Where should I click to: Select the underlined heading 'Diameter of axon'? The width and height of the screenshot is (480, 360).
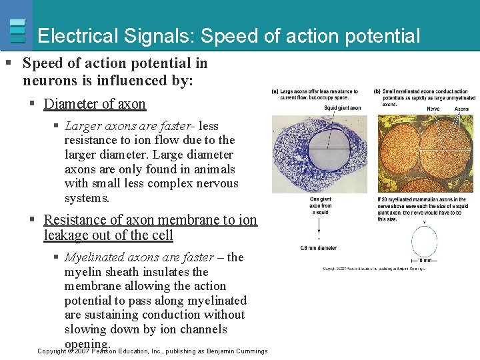click(x=95, y=104)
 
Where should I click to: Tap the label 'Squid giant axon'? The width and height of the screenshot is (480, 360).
click(x=343, y=108)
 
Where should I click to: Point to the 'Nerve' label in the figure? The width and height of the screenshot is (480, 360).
click(x=433, y=108)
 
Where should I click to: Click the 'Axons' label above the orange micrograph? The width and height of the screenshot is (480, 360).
click(x=461, y=108)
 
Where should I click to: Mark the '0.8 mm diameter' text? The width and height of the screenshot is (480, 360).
click(x=319, y=248)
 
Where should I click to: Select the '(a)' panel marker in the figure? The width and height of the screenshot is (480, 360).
click(x=275, y=91)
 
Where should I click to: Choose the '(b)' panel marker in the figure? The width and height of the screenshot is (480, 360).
click(x=377, y=91)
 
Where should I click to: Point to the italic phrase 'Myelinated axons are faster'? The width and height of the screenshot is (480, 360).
click(x=139, y=257)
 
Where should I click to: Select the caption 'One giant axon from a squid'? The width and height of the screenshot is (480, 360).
click(x=321, y=206)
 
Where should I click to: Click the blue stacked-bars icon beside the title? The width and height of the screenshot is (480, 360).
click(x=18, y=31)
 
